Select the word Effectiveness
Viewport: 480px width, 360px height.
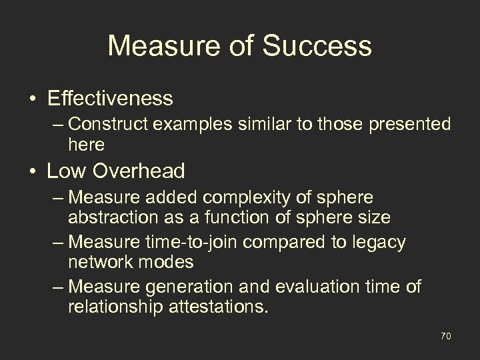tap(110, 99)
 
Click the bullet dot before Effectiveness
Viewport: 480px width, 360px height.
tap(33, 99)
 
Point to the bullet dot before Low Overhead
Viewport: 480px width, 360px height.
tap(33, 171)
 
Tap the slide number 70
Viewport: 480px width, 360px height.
tap(445, 337)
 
